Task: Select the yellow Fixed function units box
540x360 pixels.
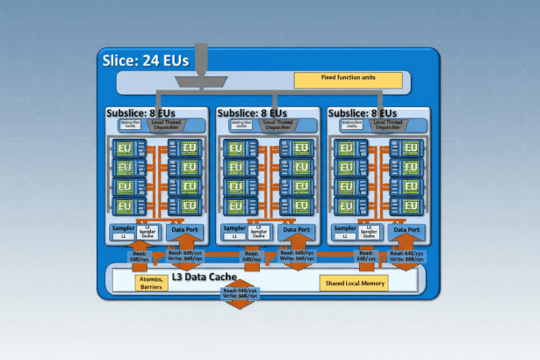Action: coord(349,80)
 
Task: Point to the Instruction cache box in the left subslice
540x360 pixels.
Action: coord(127,125)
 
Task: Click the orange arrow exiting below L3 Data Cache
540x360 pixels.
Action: coord(240,305)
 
